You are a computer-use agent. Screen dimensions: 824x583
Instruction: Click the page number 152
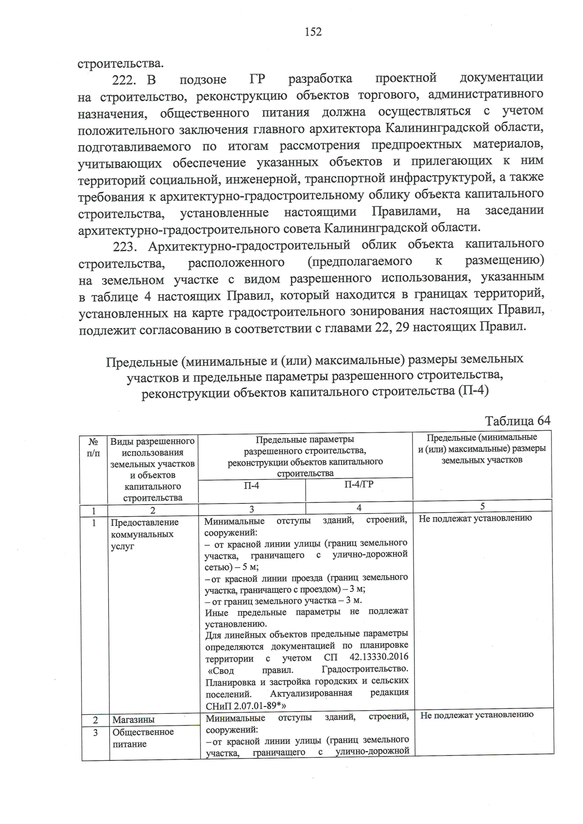point(313,32)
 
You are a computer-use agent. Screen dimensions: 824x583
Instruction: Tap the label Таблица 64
point(517,420)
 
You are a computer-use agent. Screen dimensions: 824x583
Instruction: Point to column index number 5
point(482,506)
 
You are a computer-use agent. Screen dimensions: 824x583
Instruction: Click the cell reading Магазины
point(134,720)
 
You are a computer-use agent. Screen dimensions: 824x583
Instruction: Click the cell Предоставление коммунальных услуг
point(144,534)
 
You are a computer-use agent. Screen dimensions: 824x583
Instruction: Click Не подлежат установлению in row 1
point(475,518)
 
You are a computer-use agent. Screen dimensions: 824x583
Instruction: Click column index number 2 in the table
point(153,510)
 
